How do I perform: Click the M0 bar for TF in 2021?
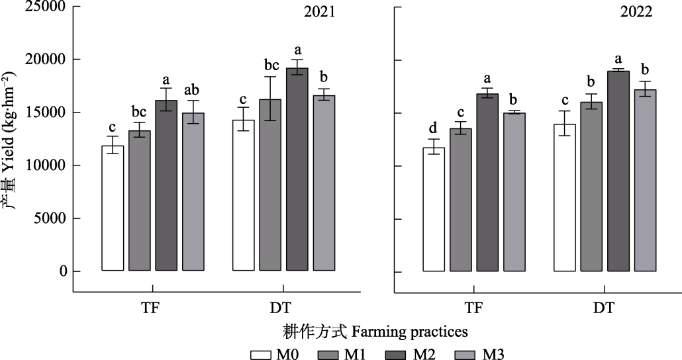point(113,208)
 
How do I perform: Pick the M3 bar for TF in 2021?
point(193,192)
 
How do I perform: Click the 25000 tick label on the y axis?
point(38,7)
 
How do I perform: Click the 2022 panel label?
point(637,12)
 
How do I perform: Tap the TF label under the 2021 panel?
point(152,308)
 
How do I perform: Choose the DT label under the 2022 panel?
point(604,308)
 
